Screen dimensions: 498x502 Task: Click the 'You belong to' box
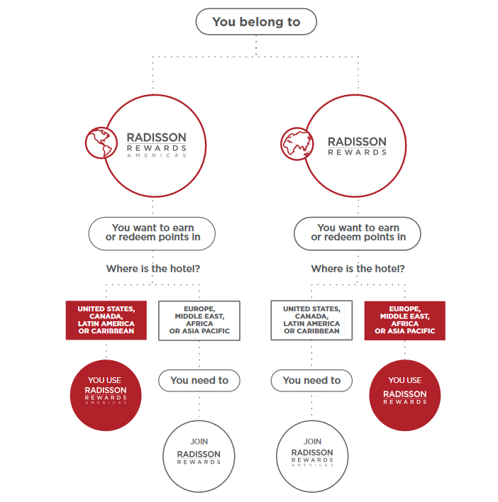[256, 22]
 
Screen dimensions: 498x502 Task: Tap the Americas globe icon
[101, 143]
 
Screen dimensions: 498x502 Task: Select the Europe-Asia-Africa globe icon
[297, 144]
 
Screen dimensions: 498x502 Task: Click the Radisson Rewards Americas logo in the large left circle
[157, 145]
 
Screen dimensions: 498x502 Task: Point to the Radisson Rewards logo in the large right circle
[357, 146]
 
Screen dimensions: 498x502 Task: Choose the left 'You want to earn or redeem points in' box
[152, 234]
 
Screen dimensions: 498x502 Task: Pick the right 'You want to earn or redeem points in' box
[358, 234]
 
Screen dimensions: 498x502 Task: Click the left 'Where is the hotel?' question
[153, 269]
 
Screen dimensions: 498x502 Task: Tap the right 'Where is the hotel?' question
[358, 269]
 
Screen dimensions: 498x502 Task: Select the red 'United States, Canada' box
[106, 320]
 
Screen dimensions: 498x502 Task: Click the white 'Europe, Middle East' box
[199, 320]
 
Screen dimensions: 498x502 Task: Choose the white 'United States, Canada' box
[311, 320]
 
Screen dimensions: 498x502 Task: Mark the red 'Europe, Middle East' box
[405, 320]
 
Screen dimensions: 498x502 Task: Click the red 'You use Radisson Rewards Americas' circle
[106, 396]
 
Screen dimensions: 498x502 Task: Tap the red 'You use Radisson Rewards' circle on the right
[405, 396]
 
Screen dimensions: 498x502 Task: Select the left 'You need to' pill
[199, 381]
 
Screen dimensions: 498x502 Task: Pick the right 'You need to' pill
[311, 381]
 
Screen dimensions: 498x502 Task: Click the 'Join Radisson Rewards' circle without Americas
[199, 456]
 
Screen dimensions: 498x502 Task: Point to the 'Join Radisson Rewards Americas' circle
[312, 456]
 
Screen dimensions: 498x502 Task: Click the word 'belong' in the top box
[261, 23]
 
